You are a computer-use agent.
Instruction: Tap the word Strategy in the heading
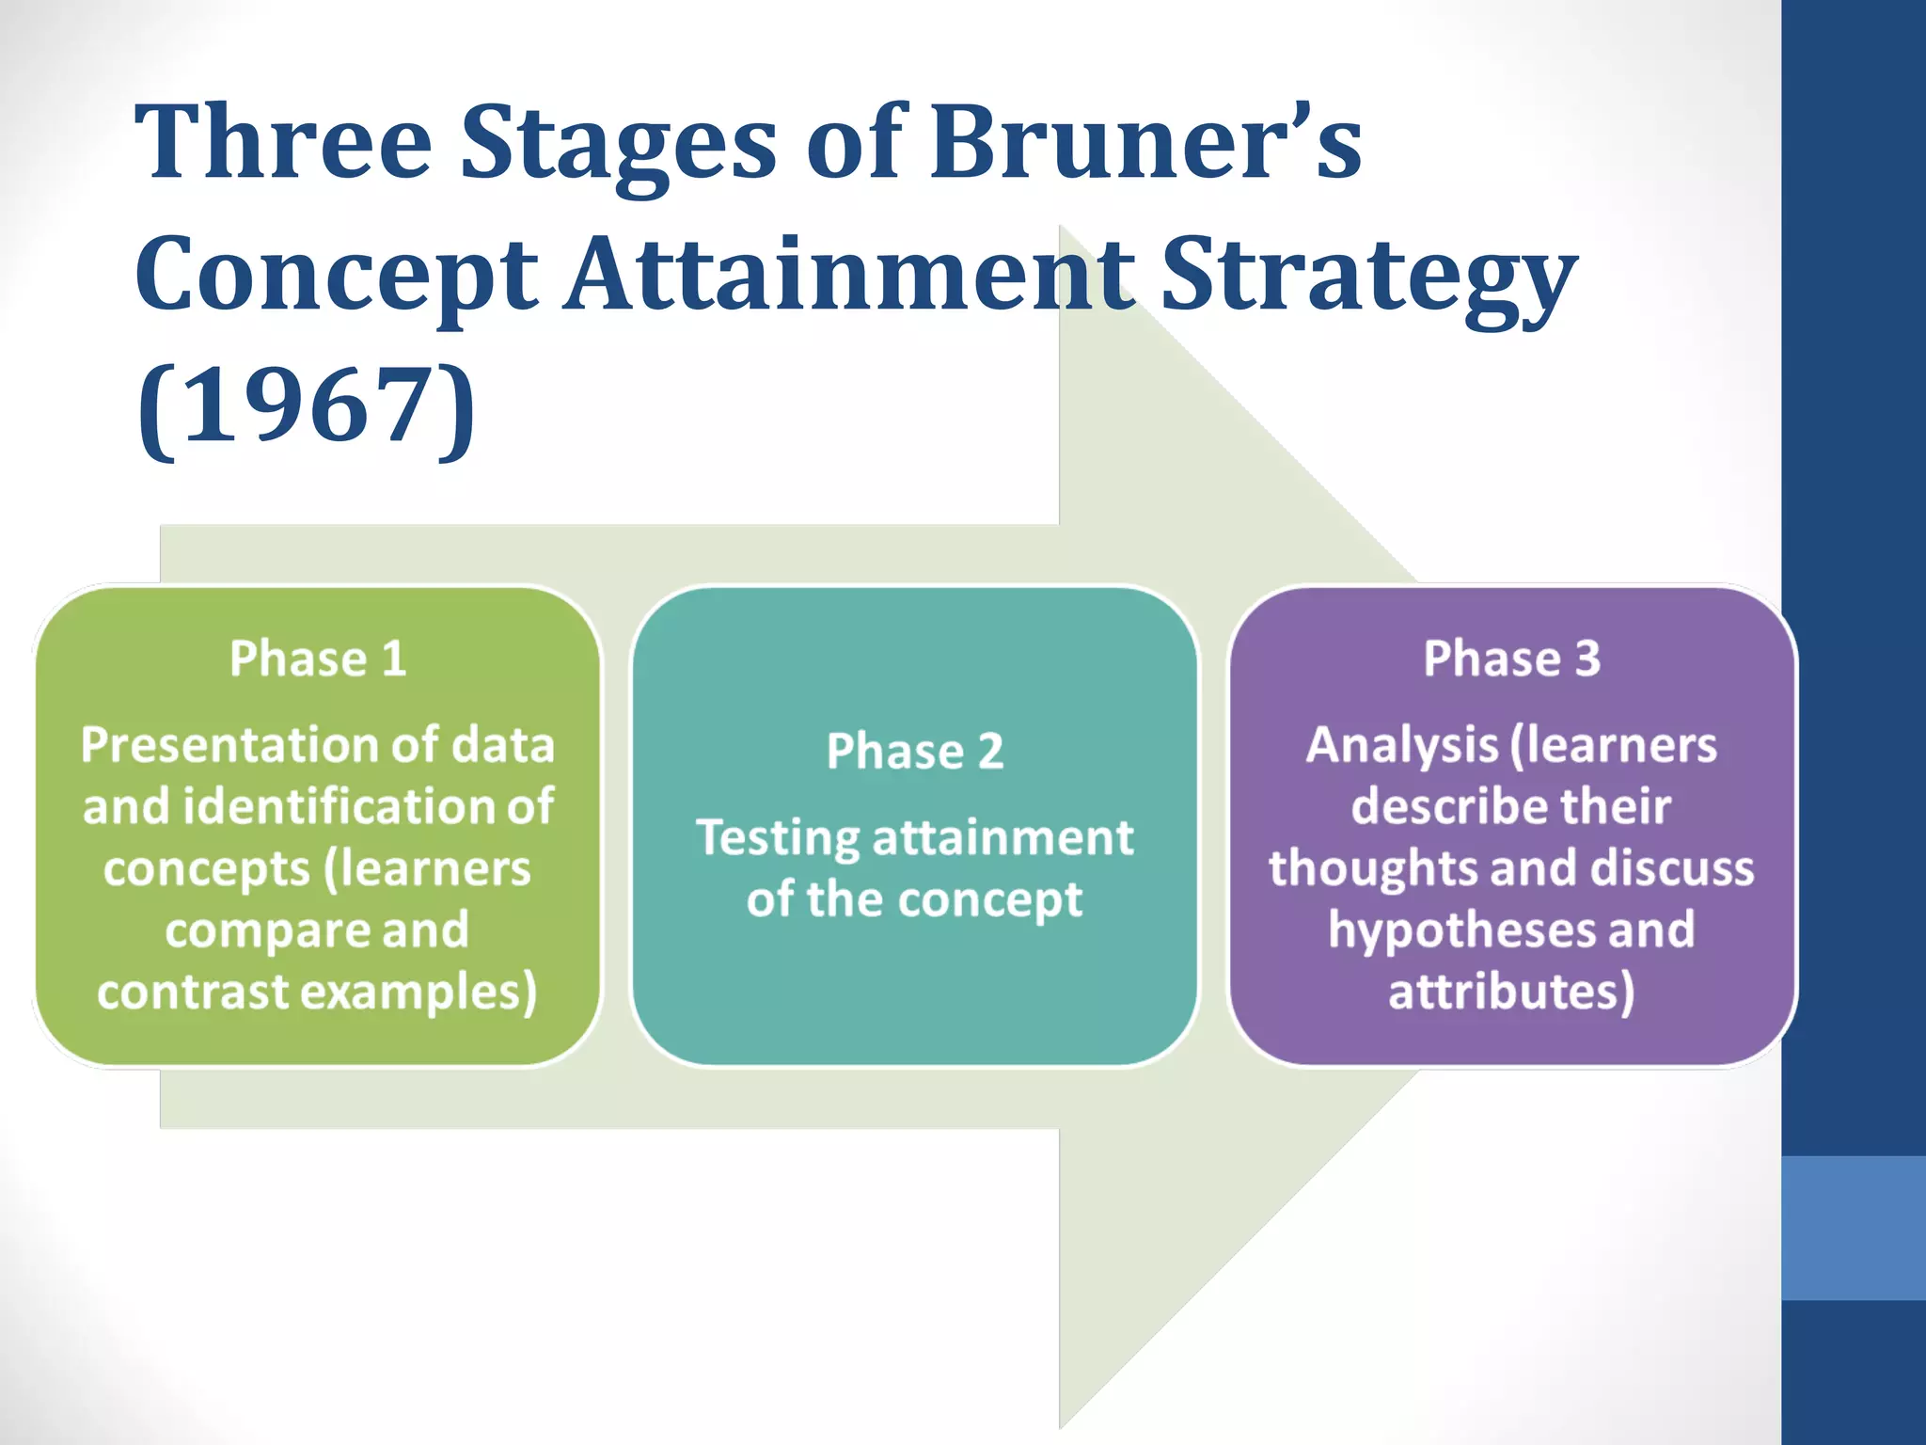1368,275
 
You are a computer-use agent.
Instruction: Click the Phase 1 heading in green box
318,658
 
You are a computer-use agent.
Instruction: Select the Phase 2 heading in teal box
914,751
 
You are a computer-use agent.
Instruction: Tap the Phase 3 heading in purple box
1511,658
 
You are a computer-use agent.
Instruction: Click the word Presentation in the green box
230,745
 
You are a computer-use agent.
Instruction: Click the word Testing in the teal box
777,837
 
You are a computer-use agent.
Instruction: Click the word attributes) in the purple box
1511,992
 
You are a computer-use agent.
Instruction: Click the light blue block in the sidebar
1853,1228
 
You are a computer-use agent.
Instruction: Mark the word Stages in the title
619,143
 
